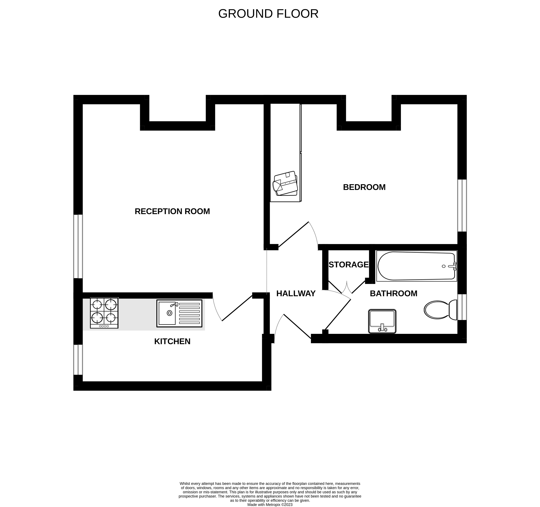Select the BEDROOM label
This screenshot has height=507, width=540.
pos(364,187)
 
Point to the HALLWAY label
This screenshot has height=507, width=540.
pos(296,293)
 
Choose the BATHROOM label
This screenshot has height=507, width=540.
pos(394,293)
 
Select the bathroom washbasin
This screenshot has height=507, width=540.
pos(382,321)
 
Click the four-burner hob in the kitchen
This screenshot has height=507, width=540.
pos(104,313)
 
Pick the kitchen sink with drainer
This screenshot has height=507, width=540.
pos(179,313)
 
